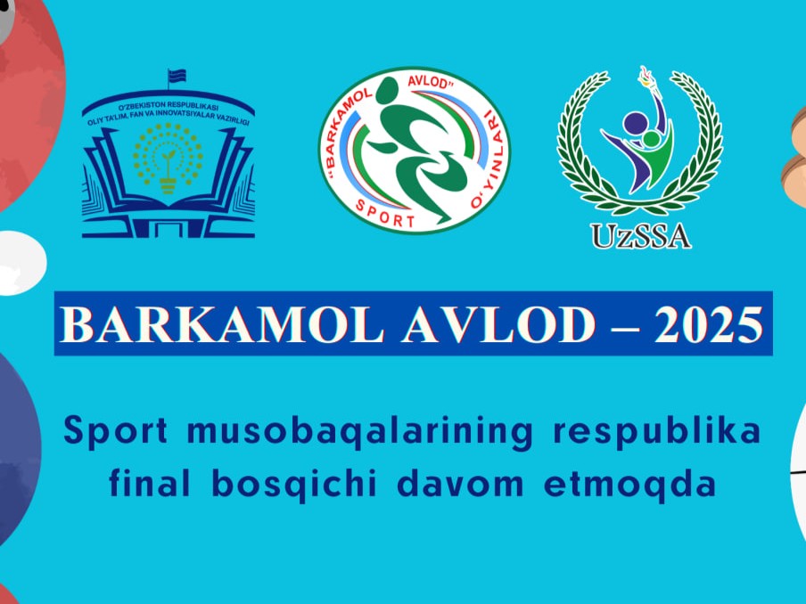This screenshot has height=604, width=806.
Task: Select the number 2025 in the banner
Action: tap(709, 326)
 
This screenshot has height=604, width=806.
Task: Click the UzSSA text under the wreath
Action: tap(640, 234)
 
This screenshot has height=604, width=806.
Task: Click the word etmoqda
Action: tap(629, 486)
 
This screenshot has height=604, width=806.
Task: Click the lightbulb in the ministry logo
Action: tap(168, 161)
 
